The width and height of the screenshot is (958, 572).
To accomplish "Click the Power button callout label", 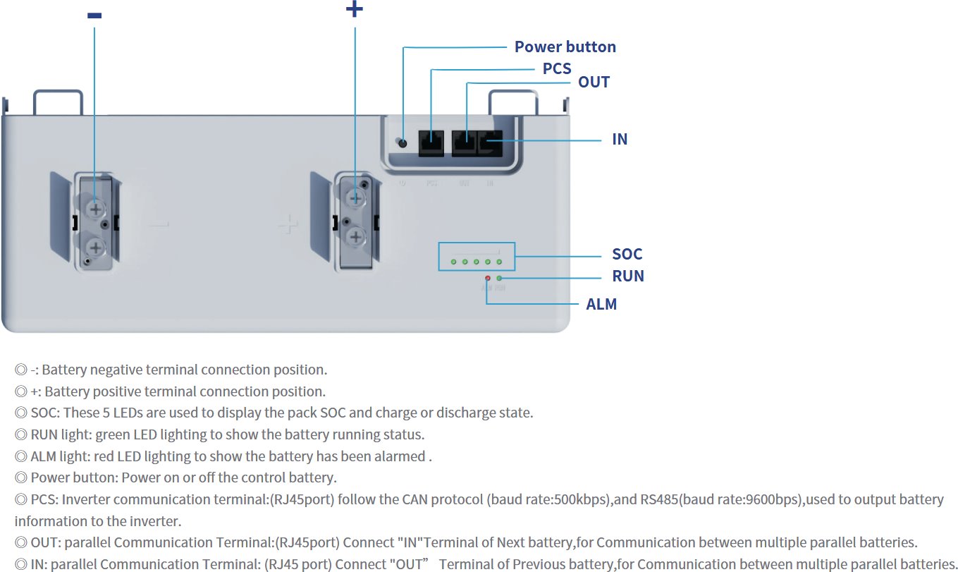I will (565, 47).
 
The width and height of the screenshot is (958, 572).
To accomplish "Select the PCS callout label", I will (556, 69).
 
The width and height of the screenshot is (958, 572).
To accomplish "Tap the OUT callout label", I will (594, 82).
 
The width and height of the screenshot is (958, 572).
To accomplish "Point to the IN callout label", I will (620, 139).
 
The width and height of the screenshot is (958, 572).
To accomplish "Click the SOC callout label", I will (627, 254).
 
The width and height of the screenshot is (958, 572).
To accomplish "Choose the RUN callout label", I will (627, 276).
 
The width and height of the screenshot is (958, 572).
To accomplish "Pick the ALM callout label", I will (601, 304).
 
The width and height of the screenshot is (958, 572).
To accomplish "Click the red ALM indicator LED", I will (487, 279).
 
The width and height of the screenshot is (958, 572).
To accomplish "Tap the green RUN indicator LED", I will (499, 279).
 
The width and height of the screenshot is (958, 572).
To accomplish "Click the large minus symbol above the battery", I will (94, 16).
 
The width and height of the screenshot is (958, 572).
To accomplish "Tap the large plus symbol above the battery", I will (355, 9).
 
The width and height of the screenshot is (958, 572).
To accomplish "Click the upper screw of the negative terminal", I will (95, 209).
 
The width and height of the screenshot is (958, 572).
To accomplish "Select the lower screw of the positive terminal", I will (356, 236).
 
